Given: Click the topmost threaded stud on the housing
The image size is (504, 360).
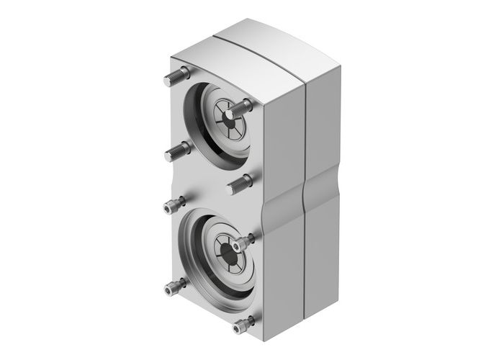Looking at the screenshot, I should tap(181, 73).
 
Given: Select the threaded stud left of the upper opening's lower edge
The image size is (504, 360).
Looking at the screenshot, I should tap(178, 150).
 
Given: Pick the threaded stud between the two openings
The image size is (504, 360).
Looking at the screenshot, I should tap(240, 184).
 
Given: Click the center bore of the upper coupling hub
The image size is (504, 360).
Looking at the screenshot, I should tap(224, 114).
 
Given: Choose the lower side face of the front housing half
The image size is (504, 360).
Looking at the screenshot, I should tap(284, 274).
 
